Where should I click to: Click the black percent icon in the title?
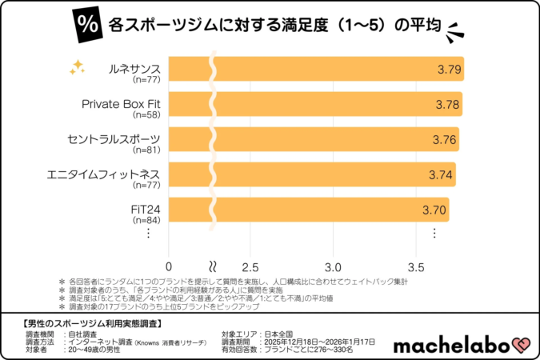pos(86,26)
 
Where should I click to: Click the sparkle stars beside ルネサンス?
pos(77,67)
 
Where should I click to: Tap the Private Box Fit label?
pos(121,104)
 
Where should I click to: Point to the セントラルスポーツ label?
pos(114,139)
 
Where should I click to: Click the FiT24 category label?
pos(145,209)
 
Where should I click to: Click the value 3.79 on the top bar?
pos(449,69)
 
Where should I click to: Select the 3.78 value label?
pos(447,104)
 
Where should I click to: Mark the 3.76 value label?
pos(444,139)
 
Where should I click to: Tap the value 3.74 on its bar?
pos(441,174)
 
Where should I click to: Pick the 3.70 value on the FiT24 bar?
pos(434,209)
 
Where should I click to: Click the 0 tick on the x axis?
pos(169,266)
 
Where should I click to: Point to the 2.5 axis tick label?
pos(250,266)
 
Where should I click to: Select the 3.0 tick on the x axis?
pos(333,266)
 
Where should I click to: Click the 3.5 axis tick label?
pos(414,266)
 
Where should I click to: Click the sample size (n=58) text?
pos(146,115)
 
